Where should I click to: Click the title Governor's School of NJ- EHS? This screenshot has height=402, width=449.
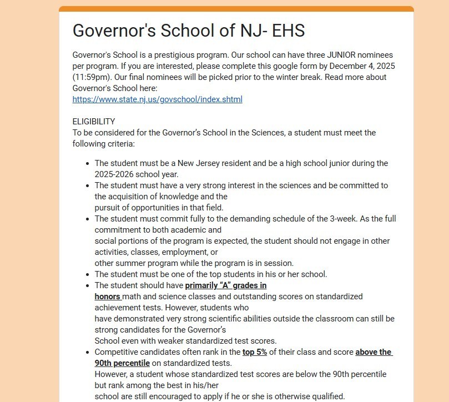[189, 31]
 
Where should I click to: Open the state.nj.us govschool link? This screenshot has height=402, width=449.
[157, 99]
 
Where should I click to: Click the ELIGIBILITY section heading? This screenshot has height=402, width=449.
[94, 122]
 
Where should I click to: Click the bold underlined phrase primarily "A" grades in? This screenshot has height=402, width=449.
[225, 285]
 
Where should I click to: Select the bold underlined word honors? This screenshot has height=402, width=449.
[107, 297]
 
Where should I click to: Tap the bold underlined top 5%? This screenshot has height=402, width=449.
[255, 352]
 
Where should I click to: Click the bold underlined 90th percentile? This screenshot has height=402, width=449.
[122, 363]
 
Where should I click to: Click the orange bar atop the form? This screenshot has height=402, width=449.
[236, 8]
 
